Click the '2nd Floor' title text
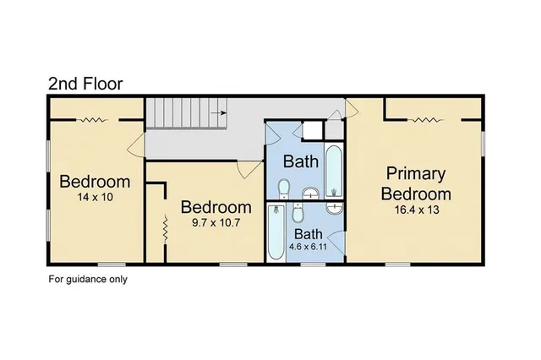tap(85, 83)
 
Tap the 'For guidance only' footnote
tap(87, 278)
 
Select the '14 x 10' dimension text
tap(94, 197)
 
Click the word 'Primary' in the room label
tap(415, 174)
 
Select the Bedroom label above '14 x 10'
tap(94, 182)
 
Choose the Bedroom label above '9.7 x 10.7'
tap(216, 207)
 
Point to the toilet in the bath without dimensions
tap(285, 188)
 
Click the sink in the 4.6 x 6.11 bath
tap(335, 206)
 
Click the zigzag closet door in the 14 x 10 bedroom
tap(93, 121)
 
